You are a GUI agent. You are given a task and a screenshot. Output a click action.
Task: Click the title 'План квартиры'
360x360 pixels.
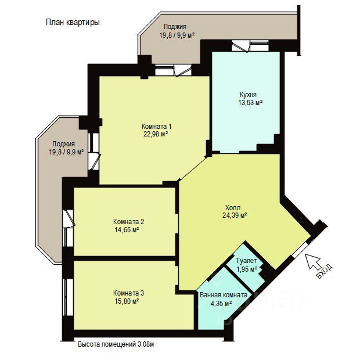click(73, 23)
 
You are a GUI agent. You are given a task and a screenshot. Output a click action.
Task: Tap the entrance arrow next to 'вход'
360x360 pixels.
click(313, 261)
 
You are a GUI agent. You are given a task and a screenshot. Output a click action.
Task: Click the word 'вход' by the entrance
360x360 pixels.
click(325, 271)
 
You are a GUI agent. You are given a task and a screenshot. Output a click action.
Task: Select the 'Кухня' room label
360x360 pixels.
click(248, 95)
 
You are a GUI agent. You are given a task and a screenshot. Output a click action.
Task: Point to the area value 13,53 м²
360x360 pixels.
click(250, 102)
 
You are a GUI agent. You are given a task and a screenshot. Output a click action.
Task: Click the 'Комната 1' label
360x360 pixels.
click(157, 126)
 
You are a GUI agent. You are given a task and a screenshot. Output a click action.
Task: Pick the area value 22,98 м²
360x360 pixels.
click(156, 134)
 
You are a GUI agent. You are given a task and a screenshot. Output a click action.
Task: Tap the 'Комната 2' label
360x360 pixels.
click(128, 222)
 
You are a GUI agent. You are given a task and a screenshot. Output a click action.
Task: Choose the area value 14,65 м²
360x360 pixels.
click(127, 229)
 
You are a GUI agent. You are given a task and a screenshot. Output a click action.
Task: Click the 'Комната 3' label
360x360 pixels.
click(128, 293)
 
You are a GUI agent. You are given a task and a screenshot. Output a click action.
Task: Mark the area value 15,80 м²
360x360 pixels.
click(127, 301)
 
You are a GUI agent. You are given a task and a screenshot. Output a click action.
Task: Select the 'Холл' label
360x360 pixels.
click(233, 207)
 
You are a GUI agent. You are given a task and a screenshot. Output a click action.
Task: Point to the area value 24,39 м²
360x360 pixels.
click(235, 215)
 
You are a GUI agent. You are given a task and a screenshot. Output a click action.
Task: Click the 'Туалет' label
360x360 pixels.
click(246, 261)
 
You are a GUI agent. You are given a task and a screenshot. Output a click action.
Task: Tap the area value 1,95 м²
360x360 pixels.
click(246, 269)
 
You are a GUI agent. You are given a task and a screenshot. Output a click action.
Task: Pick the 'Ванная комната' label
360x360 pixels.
click(224, 295)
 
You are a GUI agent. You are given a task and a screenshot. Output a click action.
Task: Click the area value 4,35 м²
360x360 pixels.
click(221, 303)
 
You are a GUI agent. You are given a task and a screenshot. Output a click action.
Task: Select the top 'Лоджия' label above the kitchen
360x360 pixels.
click(175, 27)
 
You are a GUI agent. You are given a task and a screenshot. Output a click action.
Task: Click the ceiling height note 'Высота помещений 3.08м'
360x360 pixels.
click(116, 344)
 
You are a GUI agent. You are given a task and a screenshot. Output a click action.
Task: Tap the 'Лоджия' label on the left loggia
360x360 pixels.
click(63, 144)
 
